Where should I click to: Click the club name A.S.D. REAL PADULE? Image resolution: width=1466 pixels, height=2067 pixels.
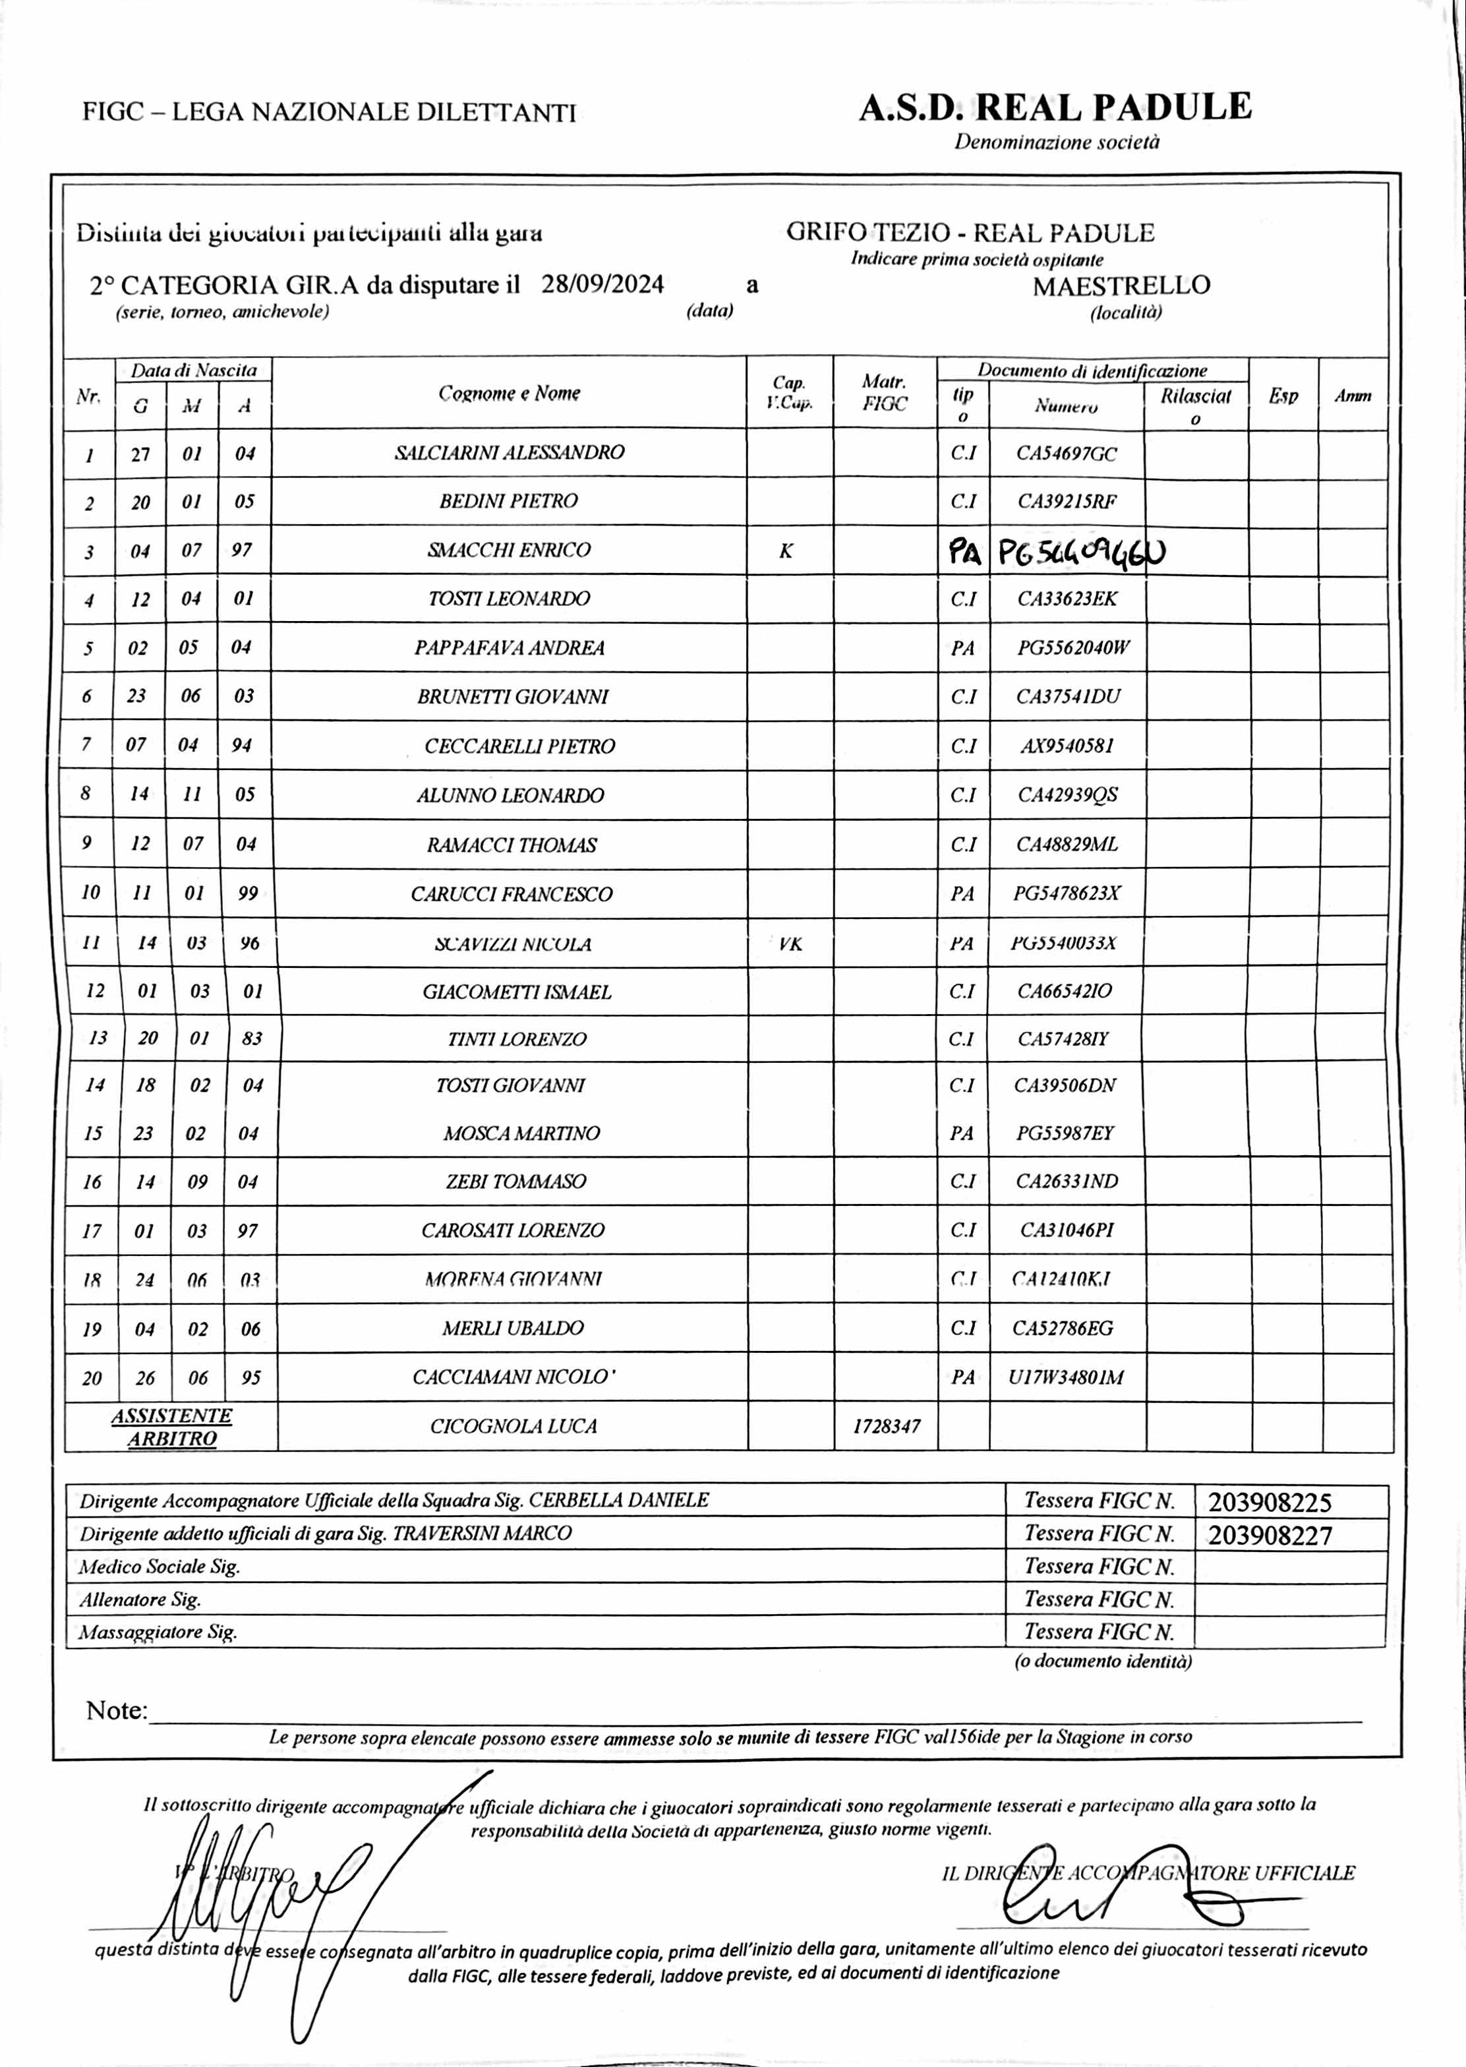point(1055,107)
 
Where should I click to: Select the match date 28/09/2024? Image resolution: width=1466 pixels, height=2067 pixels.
point(602,284)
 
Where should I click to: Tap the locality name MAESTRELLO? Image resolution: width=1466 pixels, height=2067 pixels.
point(1121,285)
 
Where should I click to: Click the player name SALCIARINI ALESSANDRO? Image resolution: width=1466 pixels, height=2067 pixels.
point(509,452)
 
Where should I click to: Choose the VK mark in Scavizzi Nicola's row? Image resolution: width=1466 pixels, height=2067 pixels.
point(790,944)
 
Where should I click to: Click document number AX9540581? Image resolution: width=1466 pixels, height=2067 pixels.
point(1067,746)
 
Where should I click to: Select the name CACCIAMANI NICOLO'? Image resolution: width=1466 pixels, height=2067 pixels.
point(513,1377)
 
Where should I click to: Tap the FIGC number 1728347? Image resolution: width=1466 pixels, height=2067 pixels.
point(887,1426)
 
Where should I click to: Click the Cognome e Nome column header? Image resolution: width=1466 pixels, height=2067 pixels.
point(509,393)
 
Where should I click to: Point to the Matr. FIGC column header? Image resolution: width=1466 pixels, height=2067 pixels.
point(885,393)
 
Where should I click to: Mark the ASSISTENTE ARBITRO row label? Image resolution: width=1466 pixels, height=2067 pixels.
point(171,1427)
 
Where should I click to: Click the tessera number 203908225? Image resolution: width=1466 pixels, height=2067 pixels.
point(1269,1502)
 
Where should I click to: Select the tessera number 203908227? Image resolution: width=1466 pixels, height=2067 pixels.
point(1269,1535)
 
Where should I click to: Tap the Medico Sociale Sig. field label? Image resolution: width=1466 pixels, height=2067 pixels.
point(159,1567)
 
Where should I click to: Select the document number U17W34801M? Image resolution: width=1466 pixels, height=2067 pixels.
point(1066,1377)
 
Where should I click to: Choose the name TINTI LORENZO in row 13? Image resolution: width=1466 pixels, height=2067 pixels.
point(516,1039)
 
